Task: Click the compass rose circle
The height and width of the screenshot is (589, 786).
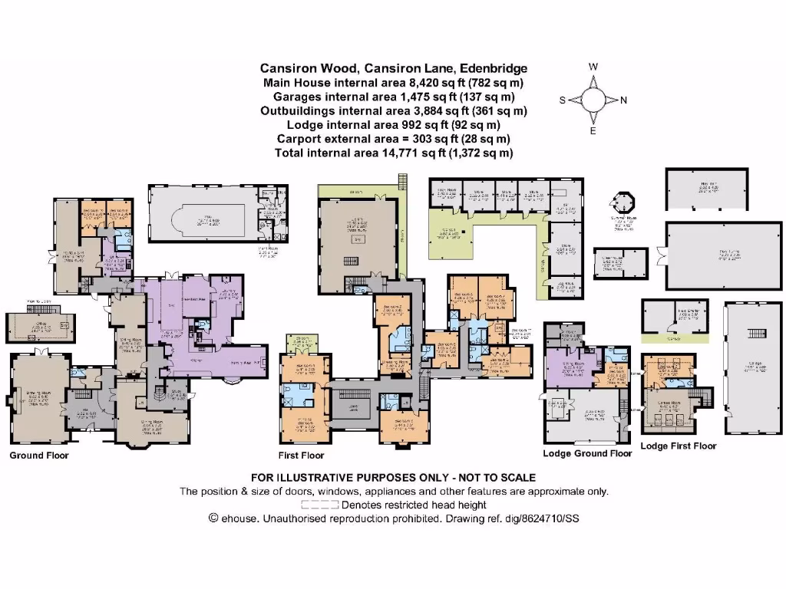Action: point(593,100)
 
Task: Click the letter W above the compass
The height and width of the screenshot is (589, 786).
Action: point(593,67)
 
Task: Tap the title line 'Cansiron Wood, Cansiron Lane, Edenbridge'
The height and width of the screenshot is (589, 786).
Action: point(394,67)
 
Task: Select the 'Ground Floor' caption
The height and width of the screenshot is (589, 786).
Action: point(39,456)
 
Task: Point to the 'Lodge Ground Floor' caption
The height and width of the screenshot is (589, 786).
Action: point(588,453)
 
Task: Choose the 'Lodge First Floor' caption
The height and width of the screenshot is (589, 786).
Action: point(678,446)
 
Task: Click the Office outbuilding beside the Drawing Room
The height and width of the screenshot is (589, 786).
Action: point(41,327)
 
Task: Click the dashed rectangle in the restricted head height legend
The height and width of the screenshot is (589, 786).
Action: point(319,505)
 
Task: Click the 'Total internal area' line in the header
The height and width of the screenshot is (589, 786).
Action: point(394,153)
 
